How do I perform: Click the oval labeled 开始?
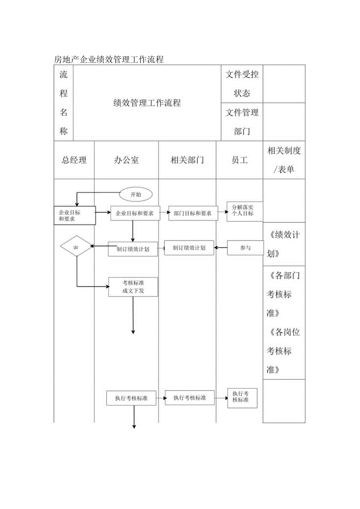click(136, 194)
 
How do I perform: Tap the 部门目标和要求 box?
click(193, 213)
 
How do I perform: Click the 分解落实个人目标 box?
click(245, 211)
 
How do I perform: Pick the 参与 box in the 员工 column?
click(245, 248)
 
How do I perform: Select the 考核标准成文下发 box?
click(133, 287)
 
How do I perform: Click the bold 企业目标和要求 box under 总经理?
click(74, 215)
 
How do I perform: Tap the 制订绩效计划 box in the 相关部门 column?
click(189, 248)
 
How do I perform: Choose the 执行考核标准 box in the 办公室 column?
click(131, 398)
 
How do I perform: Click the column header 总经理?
click(74, 160)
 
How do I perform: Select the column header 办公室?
click(126, 160)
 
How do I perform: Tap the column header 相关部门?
click(187, 160)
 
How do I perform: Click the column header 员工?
click(239, 160)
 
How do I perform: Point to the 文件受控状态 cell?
click(242, 84)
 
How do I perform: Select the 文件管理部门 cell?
click(242, 122)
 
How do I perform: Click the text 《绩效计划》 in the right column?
click(284, 244)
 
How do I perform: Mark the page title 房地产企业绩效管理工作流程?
click(108, 59)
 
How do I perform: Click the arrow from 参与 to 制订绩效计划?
click(221, 248)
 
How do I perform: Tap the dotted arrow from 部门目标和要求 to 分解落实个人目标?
click(222, 213)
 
